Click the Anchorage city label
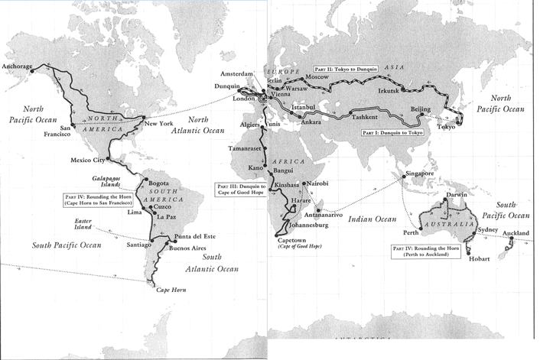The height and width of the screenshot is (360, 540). coord(18,66)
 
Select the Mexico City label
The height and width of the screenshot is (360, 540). coord(88,161)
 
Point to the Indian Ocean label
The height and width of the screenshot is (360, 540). coord(373,219)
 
